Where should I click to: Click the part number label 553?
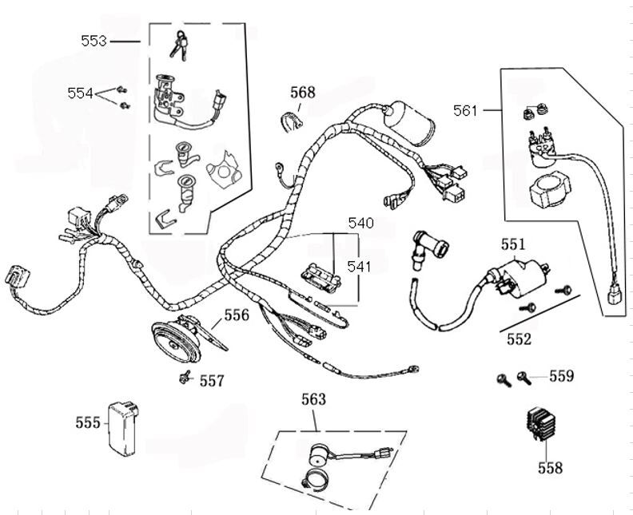[x=94, y=40]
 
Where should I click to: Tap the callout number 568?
[x=302, y=93]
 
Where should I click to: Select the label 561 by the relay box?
[x=466, y=110]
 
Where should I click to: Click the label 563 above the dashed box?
[x=314, y=398]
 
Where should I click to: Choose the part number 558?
[x=550, y=467]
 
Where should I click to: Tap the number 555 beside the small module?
[x=88, y=422]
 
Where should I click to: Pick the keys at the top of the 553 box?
[x=180, y=46]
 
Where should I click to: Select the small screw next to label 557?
[x=184, y=377]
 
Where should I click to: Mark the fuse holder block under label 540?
[x=320, y=276]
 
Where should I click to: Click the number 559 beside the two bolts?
[x=561, y=374]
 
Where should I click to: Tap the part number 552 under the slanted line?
[x=519, y=339]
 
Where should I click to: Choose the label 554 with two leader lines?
[x=80, y=93]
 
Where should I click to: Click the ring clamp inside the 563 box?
[x=314, y=481]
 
